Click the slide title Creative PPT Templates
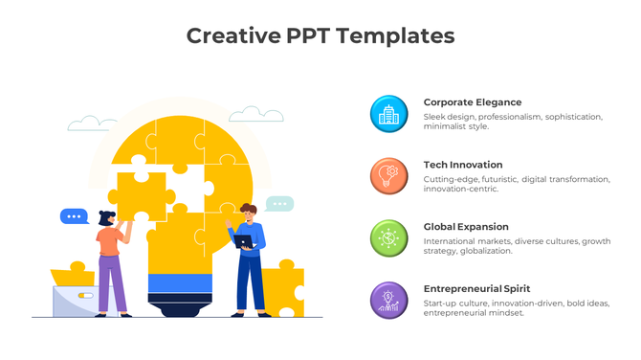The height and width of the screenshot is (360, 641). (x=320, y=36)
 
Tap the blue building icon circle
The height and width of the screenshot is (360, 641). (x=388, y=114)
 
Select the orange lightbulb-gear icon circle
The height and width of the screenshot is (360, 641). (x=388, y=176)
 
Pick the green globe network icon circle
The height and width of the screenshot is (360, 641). (x=388, y=238)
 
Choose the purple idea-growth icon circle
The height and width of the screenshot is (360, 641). (x=388, y=300)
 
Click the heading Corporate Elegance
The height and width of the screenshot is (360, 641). (x=473, y=101)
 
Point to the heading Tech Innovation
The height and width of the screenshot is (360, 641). (x=463, y=165)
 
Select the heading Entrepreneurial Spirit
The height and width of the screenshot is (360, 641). (x=476, y=288)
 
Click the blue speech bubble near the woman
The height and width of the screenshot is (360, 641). (x=74, y=216)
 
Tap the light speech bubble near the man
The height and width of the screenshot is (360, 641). (x=278, y=204)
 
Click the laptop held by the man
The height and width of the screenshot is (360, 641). (x=244, y=241)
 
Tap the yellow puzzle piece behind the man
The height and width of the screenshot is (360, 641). (x=283, y=288)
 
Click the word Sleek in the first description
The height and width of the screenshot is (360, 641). (x=434, y=117)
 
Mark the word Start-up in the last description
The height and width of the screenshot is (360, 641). (x=441, y=304)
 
